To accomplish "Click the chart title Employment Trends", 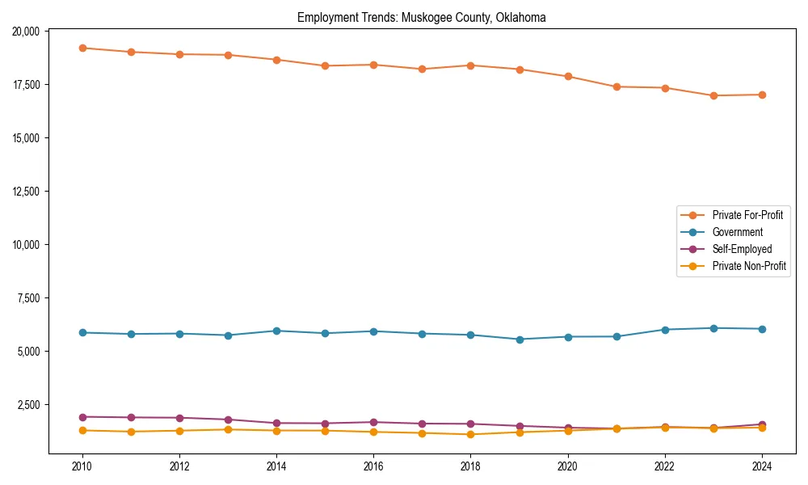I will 421,17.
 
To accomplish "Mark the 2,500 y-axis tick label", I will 29,405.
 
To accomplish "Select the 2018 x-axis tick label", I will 471,466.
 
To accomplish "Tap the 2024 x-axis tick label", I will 762,466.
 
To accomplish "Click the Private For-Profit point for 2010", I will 82,48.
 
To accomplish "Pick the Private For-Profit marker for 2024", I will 762,95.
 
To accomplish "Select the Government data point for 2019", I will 520,339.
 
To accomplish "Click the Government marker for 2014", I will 276,331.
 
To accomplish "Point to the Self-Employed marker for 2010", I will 82,417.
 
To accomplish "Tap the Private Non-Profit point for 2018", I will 471,435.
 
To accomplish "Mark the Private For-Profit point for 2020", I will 568,77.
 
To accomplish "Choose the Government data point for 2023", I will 713,328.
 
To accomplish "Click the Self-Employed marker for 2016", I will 374,422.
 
